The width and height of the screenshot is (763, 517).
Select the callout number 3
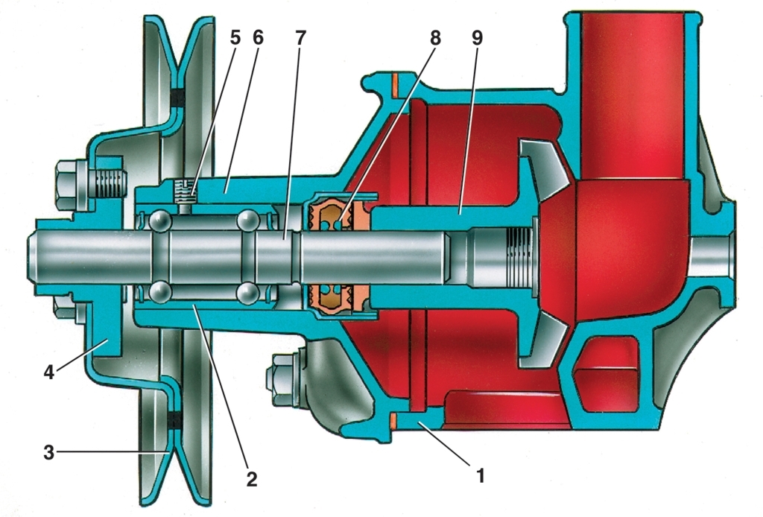(48, 452)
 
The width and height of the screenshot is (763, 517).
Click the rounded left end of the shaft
(34, 255)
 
